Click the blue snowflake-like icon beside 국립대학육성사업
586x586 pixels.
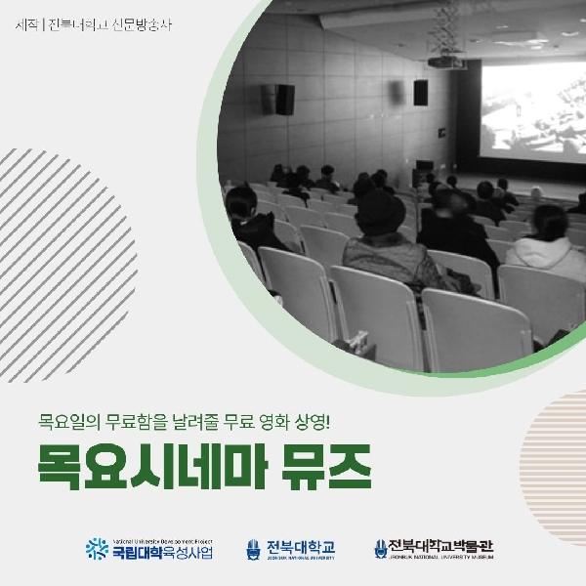pos(97,549)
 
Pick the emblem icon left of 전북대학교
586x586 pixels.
pos(254,550)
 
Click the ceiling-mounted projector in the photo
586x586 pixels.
pos(447,63)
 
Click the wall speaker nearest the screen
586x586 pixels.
pos(421,93)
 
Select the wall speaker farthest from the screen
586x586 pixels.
pos(283,98)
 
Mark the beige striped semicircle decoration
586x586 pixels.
pos(557,430)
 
